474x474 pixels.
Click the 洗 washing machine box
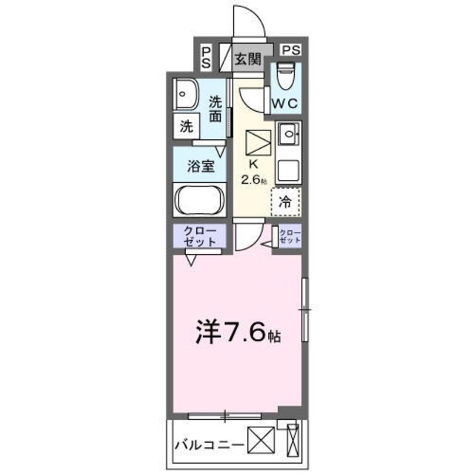(x=186, y=126)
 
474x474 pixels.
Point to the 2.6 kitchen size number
(x=251, y=179)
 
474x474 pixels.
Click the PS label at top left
(x=207, y=57)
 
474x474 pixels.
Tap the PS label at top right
(x=291, y=50)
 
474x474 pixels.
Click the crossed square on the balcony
(x=260, y=443)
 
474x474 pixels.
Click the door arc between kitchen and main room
(x=246, y=236)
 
